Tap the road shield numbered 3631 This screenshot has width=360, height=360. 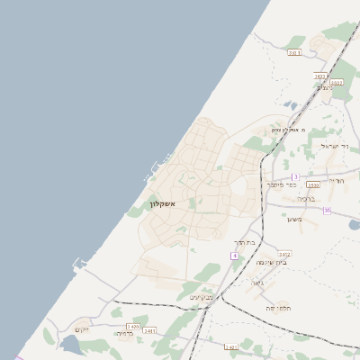[293, 54]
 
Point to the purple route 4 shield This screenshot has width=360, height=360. [234, 256]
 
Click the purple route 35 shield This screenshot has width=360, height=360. [327, 210]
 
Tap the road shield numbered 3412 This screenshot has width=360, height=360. [284, 255]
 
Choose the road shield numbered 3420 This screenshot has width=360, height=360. [133, 326]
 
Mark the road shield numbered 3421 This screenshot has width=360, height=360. [148, 331]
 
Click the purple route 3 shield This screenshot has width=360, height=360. [294, 176]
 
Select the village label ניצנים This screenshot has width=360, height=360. [325, 87]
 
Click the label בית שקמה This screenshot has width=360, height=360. [269, 263]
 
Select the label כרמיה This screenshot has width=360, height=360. [123, 334]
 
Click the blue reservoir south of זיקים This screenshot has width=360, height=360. [70, 343]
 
